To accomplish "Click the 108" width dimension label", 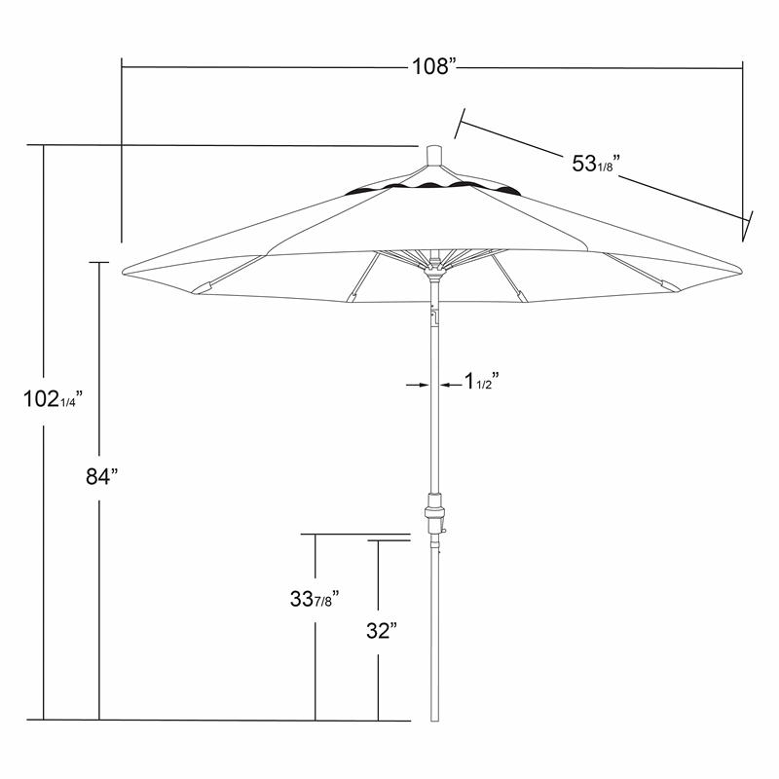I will click(432, 67).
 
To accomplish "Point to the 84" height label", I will click(100, 476).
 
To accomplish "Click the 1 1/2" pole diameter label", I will click(482, 380).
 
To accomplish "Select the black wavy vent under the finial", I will click(434, 185).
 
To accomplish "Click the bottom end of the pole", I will click(435, 718).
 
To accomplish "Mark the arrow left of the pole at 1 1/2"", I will click(418, 386).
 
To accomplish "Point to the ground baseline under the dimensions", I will click(224, 720).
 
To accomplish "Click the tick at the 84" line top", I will click(98, 261).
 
